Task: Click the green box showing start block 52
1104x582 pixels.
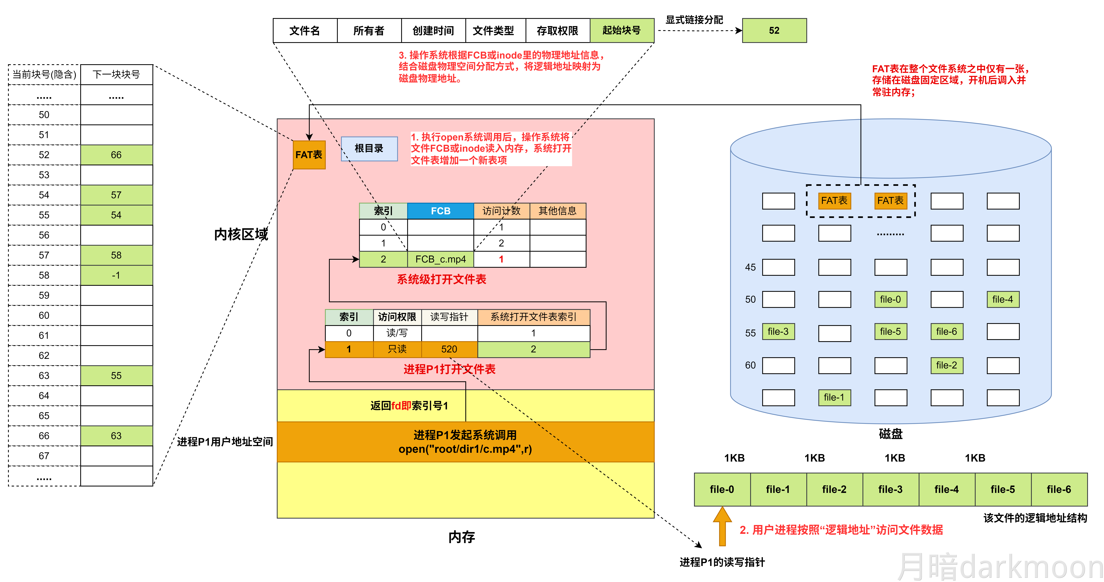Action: [774, 31]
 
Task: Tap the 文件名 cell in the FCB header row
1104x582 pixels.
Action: [305, 31]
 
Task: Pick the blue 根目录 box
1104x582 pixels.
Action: [369, 148]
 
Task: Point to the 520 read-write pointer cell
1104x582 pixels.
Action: [449, 349]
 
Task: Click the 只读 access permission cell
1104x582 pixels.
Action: [397, 349]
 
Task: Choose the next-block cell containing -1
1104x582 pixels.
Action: [116, 275]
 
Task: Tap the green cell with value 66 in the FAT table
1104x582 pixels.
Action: [116, 155]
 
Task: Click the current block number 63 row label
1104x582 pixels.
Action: [44, 376]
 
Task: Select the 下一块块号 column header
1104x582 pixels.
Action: [116, 75]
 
